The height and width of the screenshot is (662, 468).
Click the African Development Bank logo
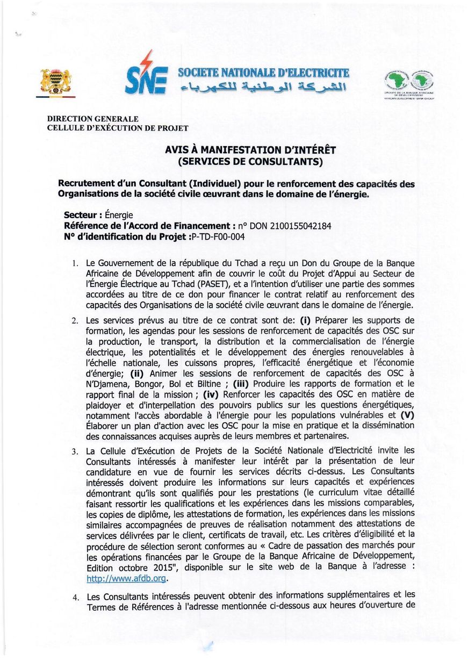coord(409,83)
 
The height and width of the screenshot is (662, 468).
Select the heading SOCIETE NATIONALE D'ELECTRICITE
coord(263,73)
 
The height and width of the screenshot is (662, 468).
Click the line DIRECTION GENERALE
coord(93,119)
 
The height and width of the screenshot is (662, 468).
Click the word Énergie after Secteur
coord(119,215)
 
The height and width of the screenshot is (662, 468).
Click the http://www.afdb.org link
coord(127,579)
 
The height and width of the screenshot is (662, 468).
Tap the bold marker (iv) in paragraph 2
coord(211,394)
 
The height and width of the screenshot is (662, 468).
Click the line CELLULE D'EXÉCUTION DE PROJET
coord(118,128)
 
